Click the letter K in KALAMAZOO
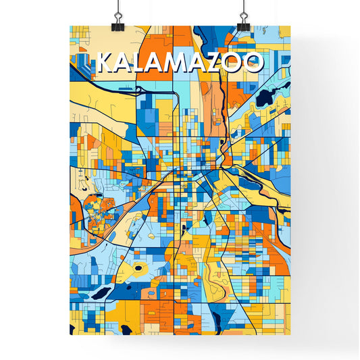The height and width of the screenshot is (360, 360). (105, 63)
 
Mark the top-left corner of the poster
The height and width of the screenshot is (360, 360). (70, 26)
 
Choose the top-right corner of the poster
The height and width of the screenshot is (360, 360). (290, 26)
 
